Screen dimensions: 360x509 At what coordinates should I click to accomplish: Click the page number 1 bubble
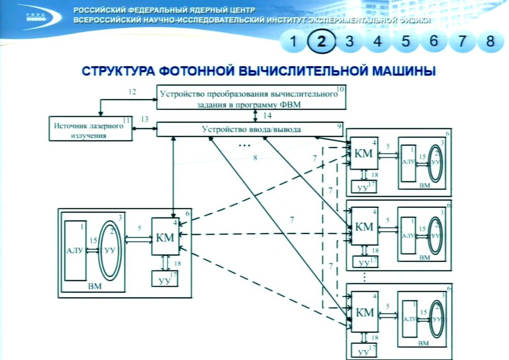[x=293, y=41]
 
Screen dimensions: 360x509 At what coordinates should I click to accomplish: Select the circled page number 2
[x=321, y=41]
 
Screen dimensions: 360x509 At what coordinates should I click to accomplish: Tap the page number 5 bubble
[x=406, y=41]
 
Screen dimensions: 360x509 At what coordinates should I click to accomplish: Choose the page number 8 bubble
[x=490, y=41]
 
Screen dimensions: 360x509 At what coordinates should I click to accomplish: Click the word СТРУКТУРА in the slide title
[x=112, y=71]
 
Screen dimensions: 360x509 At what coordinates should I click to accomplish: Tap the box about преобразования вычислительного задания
[x=251, y=97]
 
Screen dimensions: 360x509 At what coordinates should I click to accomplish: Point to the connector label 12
[x=132, y=92]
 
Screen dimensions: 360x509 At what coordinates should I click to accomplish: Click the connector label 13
[x=145, y=120]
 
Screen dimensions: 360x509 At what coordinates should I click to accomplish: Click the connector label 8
[x=255, y=158]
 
